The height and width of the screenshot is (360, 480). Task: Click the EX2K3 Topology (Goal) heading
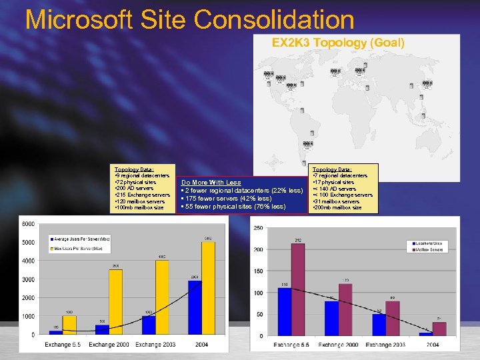pyautogui.click(x=338, y=43)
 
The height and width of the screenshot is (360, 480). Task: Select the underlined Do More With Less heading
pyautogui.click(x=211, y=182)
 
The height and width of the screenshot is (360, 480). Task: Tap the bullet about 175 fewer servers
pyautogui.click(x=226, y=198)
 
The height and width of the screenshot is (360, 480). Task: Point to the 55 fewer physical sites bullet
pyautogui.click(x=233, y=206)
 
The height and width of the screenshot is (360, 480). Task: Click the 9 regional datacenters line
pyautogui.click(x=142, y=175)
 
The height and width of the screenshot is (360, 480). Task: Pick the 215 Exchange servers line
pyautogui.click(x=143, y=195)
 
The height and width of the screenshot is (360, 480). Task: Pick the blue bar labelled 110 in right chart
pyautogui.click(x=285, y=311)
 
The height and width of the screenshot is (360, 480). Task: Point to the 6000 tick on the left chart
pyautogui.click(x=27, y=223)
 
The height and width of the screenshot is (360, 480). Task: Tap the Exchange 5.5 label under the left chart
pyautogui.click(x=63, y=345)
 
